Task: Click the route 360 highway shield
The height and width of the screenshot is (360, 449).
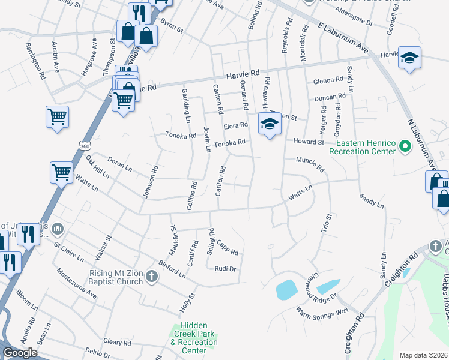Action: [x=83, y=146]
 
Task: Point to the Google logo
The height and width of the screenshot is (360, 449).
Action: [x=20, y=353]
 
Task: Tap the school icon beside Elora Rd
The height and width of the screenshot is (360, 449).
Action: [x=270, y=124]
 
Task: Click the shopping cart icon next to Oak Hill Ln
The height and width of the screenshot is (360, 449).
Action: [x=61, y=173]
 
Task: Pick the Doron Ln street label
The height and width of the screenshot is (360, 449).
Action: [x=119, y=163]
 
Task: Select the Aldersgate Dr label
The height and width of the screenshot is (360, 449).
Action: [x=354, y=19]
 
